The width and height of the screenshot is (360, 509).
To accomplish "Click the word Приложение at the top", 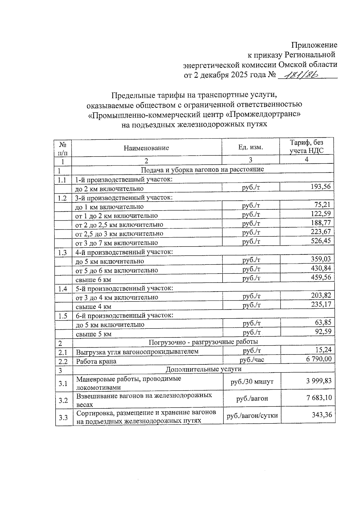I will (x=314, y=45).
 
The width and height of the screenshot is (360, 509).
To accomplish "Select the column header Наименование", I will (x=146, y=148).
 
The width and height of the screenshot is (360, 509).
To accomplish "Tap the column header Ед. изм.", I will (x=250, y=147).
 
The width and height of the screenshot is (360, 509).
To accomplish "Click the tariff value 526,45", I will (x=320, y=241).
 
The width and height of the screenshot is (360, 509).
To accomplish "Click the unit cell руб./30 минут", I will (x=252, y=382).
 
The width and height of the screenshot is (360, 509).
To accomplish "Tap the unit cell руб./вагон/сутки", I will (x=252, y=416).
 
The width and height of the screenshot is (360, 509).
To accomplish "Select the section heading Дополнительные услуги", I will (x=203, y=369).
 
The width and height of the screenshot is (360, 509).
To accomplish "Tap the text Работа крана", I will (x=96, y=361).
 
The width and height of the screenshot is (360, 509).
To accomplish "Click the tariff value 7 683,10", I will (x=319, y=398).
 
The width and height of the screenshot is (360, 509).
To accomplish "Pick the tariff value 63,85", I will (x=323, y=323).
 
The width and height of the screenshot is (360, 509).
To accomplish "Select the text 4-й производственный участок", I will (x=124, y=252).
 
